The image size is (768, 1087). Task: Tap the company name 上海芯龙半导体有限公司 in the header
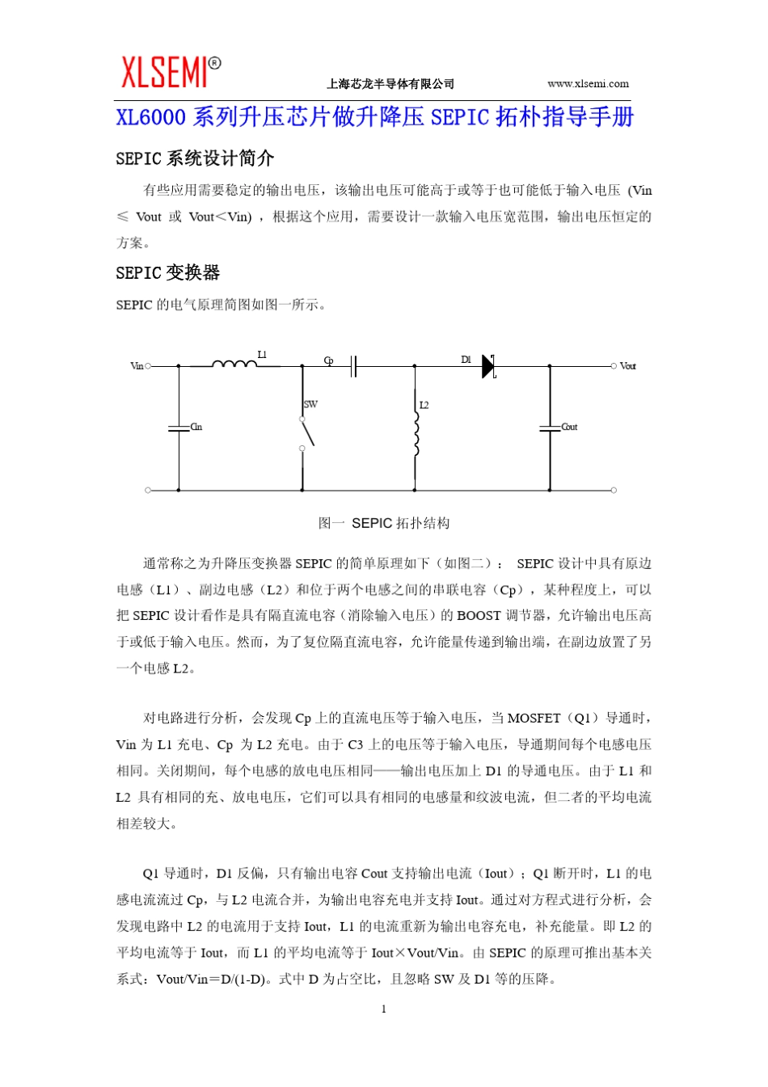pos(390,84)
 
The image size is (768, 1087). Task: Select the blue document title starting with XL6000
pos(374,117)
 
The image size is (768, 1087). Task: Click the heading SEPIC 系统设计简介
pos(194,158)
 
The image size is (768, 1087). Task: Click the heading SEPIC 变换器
pos(167,273)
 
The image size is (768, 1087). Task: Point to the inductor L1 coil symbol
pos(234,364)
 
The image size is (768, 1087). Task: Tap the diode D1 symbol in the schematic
pos(487,366)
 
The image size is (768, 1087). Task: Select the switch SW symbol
pos(306,432)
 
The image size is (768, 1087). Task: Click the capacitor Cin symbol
pos(179,428)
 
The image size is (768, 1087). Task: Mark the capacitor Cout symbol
pos(550,428)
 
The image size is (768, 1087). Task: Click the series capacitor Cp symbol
pos(353,366)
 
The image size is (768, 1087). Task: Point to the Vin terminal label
pos(137,366)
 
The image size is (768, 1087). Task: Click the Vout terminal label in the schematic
pos(627,366)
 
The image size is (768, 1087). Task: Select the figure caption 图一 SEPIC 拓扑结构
pos(384,523)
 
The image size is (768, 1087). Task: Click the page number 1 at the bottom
pos(383,1009)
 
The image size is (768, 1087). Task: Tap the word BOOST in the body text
pos(479,616)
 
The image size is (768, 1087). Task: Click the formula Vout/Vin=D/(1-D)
pos(211,979)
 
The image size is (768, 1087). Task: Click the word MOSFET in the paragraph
pos(534,718)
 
